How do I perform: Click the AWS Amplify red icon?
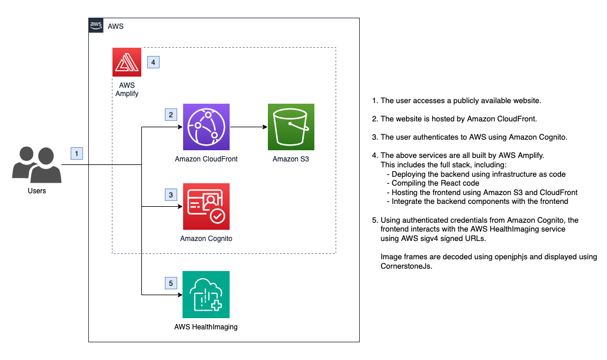coord(127,62)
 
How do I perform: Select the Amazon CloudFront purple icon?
coord(206,127)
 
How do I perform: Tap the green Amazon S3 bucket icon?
coord(291,127)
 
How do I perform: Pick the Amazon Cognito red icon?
coord(206,207)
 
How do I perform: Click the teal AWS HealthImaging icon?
coord(206,295)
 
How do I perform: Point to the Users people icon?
coord(37,165)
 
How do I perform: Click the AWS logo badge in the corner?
coord(96,25)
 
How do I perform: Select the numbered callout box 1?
coord(77,153)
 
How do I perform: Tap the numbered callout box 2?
coord(171,114)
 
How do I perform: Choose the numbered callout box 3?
coord(171,194)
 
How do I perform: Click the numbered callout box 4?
coord(153,62)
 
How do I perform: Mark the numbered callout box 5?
coord(171,283)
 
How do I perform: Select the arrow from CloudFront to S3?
coord(248,127)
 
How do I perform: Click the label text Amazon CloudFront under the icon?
coord(206,159)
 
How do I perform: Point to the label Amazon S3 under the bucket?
coord(291,159)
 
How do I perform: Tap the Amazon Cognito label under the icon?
coord(206,239)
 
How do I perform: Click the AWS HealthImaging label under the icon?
coord(206,326)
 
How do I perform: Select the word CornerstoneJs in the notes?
coord(406,266)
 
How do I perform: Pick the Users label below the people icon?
coord(37,191)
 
